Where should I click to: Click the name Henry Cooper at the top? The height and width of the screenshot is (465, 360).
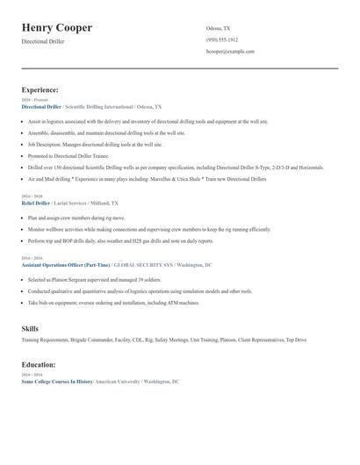[57, 28]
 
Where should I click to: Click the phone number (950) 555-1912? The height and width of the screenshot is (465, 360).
[222, 39]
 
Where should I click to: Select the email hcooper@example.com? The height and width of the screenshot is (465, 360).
[230, 51]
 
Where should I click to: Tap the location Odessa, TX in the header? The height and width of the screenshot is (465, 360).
[219, 28]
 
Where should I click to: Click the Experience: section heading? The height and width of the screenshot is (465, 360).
[40, 89]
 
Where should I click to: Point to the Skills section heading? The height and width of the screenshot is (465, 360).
[30, 327]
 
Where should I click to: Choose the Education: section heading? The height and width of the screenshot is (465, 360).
[40, 364]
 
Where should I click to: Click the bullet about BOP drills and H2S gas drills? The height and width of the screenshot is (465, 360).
[120, 240]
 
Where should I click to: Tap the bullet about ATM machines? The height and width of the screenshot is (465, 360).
[113, 302]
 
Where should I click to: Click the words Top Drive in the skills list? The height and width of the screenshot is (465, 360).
[296, 339]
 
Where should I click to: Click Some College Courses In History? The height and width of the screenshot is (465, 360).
[57, 382]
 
